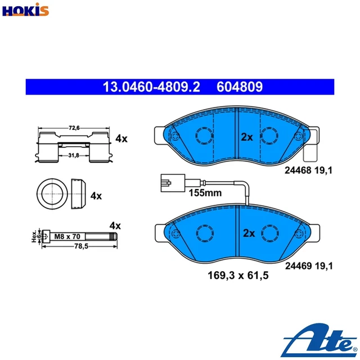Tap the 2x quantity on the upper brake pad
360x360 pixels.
tap(248, 137)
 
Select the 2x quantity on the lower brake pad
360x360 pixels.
tap(248, 233)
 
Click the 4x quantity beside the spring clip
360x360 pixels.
tap(121, 138)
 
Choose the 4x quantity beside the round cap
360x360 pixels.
tap(96, 196)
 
